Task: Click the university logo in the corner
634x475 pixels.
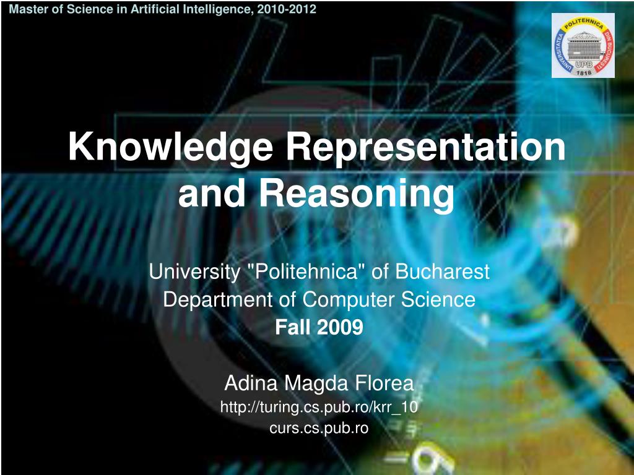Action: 583,45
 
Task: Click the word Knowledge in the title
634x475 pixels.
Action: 171,148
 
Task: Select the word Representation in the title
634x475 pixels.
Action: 426,148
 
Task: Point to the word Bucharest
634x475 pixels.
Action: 442,272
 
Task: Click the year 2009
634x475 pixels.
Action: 341,328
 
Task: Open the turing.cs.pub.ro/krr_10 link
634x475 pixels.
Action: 319,406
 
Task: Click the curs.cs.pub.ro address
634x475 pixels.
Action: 319,427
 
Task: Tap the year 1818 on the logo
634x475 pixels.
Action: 583,72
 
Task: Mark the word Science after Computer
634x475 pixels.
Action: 438,300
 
